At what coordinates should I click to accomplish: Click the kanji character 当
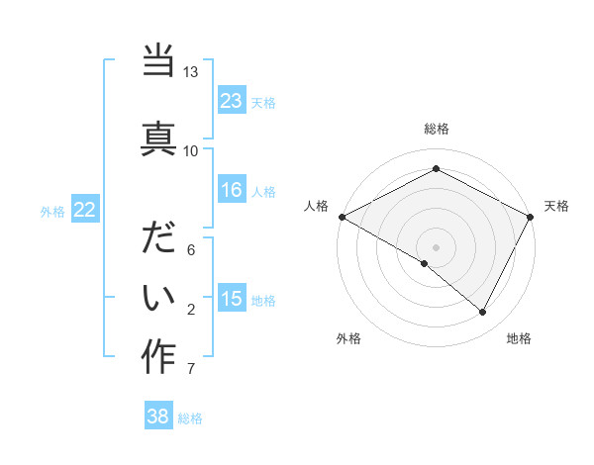[158, 62]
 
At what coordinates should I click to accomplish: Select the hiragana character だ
[158, 239]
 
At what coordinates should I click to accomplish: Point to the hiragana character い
[158, 297]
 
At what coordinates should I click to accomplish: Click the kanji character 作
[158, 356]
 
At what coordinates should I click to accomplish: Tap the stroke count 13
[190, 72]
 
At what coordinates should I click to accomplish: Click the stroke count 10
[190, 150]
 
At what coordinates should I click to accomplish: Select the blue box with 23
[232, 101]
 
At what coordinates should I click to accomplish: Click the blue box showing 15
[232, 300]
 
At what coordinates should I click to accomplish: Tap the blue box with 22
[85, 210]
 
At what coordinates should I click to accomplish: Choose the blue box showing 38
[158, 418]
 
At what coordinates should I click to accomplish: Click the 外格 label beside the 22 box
[52, 211]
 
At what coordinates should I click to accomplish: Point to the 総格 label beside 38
[190, 418]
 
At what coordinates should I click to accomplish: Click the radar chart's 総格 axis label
[436, 129]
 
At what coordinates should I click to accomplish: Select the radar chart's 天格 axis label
[556, 206]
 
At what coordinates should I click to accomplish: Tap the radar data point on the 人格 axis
[342, 216]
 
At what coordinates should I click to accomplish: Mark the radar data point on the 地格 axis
[483, 312]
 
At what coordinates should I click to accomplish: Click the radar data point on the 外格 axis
[425, 263]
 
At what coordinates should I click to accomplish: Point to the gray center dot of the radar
[436, 246]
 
